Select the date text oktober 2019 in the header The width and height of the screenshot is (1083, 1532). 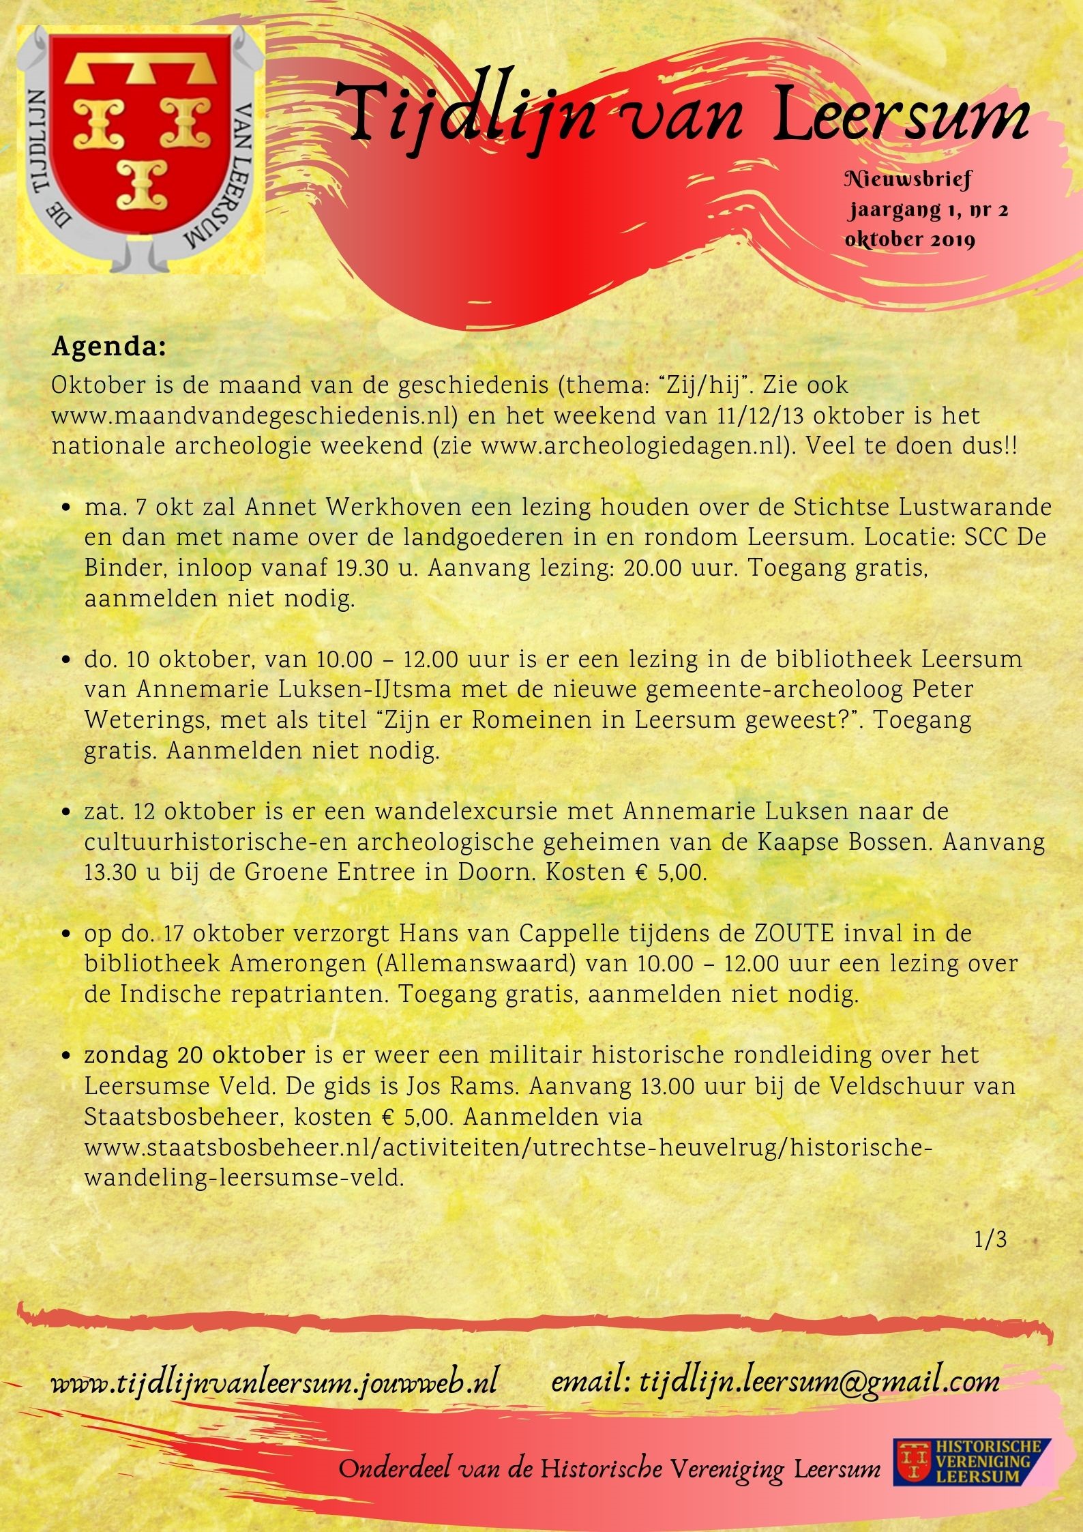pyautogui.click(x=910, y=239)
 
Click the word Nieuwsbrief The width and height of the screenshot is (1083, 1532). pyautogui.click(x=908, y=180)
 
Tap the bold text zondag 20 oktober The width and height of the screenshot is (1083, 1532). pyautogui.click(x=194, y=1055)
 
